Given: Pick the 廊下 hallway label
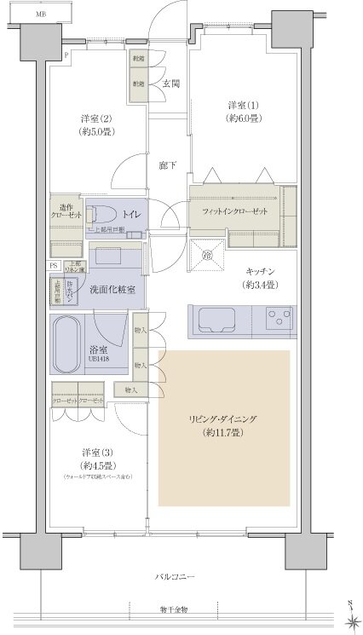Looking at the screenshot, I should point(167,165).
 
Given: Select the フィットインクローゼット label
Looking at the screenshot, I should point(234,211).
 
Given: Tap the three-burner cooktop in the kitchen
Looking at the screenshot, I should point(279,320).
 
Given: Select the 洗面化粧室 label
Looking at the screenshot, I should point(112,290).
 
